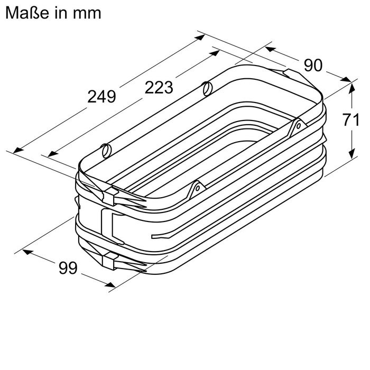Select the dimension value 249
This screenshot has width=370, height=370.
(x=101, y=97)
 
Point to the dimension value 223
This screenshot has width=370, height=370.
(x=159, y=88)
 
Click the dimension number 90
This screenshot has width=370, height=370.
(x=312, y=66)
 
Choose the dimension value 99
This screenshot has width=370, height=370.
(x=68, y=269)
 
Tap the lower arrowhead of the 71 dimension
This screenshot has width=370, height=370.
(x=351, y=155)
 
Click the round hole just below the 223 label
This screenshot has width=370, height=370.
(x=207, y=87)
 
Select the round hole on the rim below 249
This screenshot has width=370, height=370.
(x=106, y=150)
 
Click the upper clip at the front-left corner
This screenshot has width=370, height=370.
(x=110, y=196)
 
